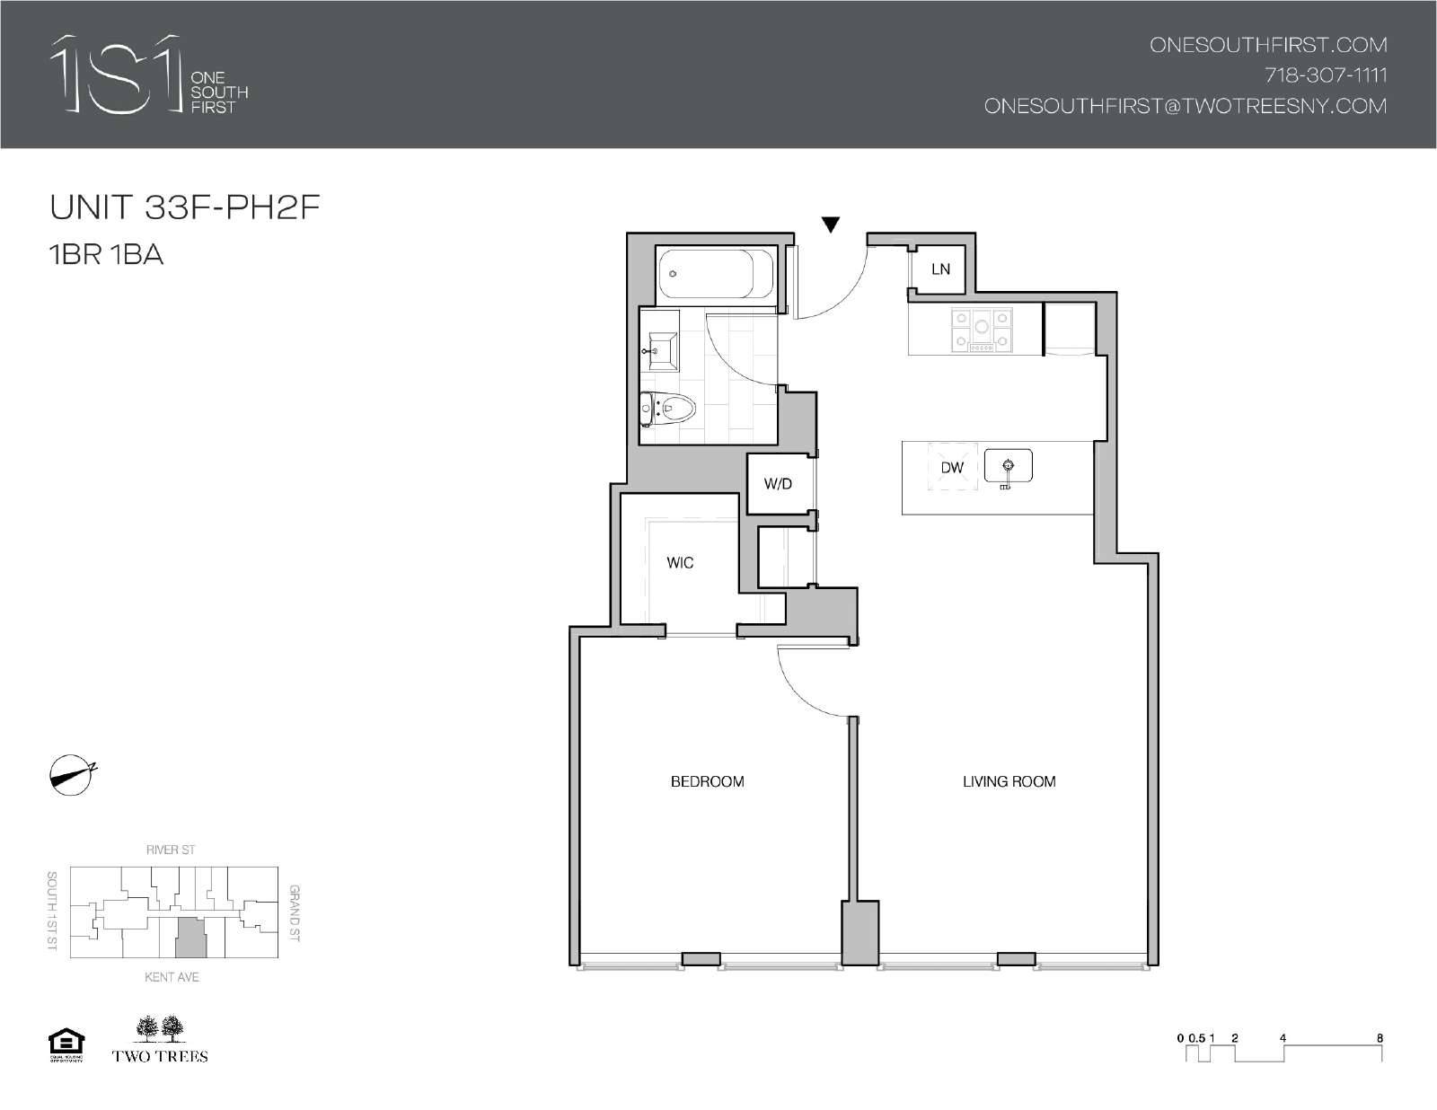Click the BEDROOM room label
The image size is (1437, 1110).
tap(707, 781)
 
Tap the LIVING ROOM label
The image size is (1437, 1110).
tap(1009, 781)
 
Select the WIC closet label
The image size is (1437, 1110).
tap(680, 563)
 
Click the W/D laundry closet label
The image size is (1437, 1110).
tap(778, 484)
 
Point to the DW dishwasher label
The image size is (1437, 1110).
tap(952, 467)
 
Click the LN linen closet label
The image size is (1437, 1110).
tap(940, 269)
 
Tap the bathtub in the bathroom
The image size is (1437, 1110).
tap(715, 273)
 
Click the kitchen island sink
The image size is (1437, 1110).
tap(1008, 466)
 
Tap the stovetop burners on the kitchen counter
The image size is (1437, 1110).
tap(982, 330)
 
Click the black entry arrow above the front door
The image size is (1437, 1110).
tap(831, 225)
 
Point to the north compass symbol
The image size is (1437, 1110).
tap(71, 775)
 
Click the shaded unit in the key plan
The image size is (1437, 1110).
tap(190, 938)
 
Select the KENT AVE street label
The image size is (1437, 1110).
tap(172, 976)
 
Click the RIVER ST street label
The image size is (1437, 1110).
tap(171, 850)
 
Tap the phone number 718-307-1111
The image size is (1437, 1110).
tap(1325, 75)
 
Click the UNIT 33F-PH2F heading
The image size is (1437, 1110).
tap(185, 207)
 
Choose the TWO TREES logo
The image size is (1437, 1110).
tap(160, 1039)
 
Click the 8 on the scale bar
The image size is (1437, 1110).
tap(1380, 1038)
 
